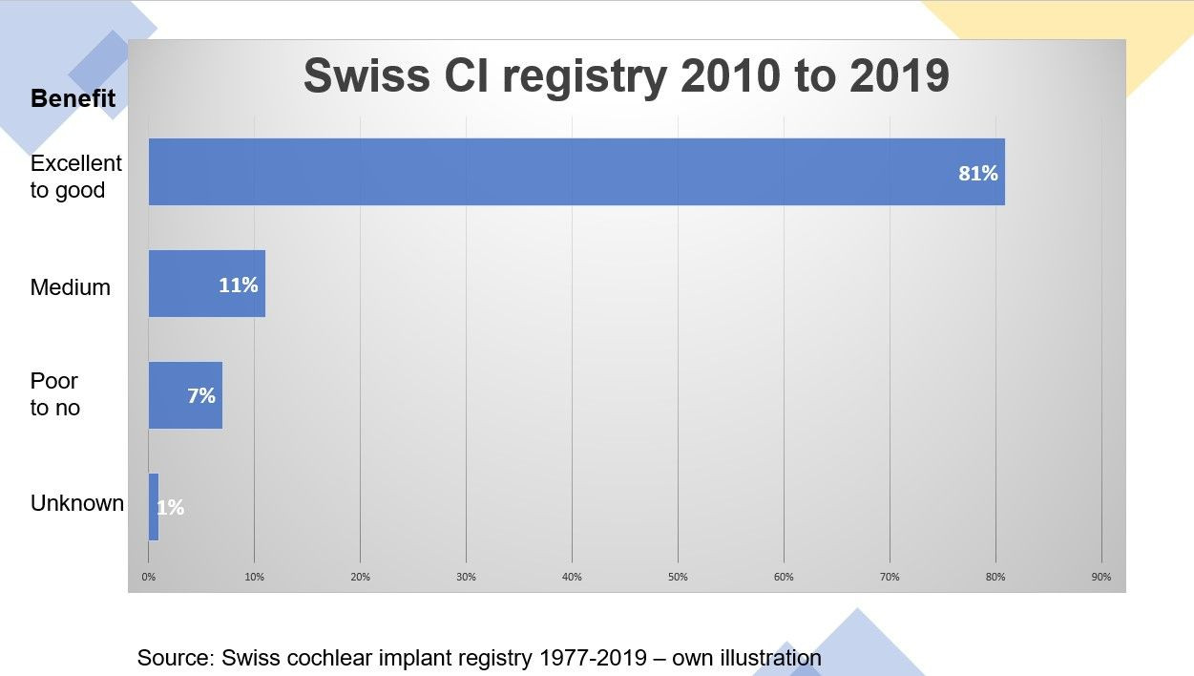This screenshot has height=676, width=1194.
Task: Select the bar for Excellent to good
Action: coord(576,172)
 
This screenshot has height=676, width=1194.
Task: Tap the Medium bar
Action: coord(206,284)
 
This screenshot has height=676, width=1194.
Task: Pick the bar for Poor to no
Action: coord(185,394)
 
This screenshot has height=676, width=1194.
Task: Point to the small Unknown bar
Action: coord(153,507)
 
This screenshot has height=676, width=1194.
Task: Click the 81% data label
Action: coord(977,174)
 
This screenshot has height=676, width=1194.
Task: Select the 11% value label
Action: coord(238,285)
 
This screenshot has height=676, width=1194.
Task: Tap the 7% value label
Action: coord(201,395)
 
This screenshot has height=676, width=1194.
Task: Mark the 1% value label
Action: coord(170,508)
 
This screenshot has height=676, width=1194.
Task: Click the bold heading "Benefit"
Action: coord(73,98)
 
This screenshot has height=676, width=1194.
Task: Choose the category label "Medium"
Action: coord(71,287)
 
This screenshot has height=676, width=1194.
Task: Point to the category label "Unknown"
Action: coord(77,503)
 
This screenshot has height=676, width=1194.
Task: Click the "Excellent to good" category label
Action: coord(76,177)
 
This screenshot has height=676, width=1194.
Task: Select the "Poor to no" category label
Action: coord(55,394)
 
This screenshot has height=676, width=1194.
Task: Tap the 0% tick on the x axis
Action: coord(149,577)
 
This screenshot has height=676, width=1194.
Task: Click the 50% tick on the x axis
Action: coord(678,577)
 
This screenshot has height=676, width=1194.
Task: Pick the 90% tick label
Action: coord(1100,577)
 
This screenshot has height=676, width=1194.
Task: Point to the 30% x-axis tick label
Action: coord(466,577)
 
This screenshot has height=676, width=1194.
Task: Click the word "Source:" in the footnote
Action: coord(176,658)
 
